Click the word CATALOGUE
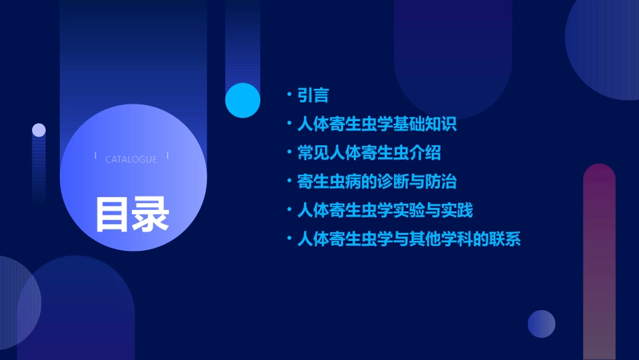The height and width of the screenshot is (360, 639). click(131, 159)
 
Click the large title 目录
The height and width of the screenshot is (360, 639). click(132, 214)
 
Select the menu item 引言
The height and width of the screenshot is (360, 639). click(313, 96)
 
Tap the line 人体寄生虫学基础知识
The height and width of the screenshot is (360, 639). click(377, 124)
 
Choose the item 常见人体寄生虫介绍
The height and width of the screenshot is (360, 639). click(369, 153)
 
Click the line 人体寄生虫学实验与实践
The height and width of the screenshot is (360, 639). click(385, 210)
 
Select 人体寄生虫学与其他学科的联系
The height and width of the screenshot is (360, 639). click(409, 239)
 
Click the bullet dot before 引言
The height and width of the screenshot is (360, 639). click(289, 94)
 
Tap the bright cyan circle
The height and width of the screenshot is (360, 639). click(243, 100)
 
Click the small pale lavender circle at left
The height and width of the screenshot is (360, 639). click(39, 130)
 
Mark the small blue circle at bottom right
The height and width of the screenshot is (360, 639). click(541, 324)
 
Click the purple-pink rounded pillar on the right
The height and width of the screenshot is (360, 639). click(599, 262)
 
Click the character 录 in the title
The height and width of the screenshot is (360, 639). click(151, 214)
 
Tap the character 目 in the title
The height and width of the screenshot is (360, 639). click(112, 214)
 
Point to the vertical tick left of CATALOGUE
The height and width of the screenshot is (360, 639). click(96, 155)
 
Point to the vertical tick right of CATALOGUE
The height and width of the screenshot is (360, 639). click(167, 155)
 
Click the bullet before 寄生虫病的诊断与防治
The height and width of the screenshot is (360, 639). click(289, 180)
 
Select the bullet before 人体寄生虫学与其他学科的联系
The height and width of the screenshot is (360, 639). click(289, 238)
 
